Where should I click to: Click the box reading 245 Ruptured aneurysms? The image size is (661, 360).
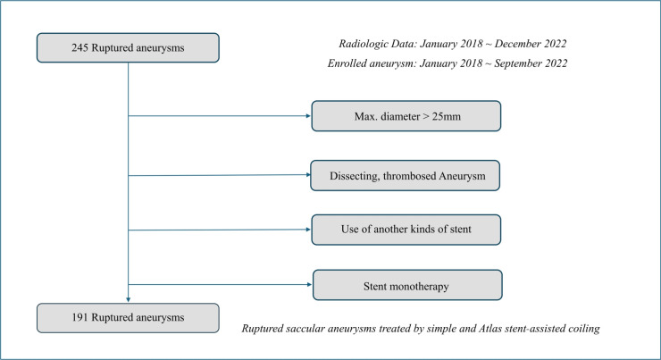128,48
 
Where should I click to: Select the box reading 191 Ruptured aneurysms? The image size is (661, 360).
128,317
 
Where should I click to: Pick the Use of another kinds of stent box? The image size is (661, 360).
406,229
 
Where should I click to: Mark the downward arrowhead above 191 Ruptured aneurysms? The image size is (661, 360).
129,300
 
